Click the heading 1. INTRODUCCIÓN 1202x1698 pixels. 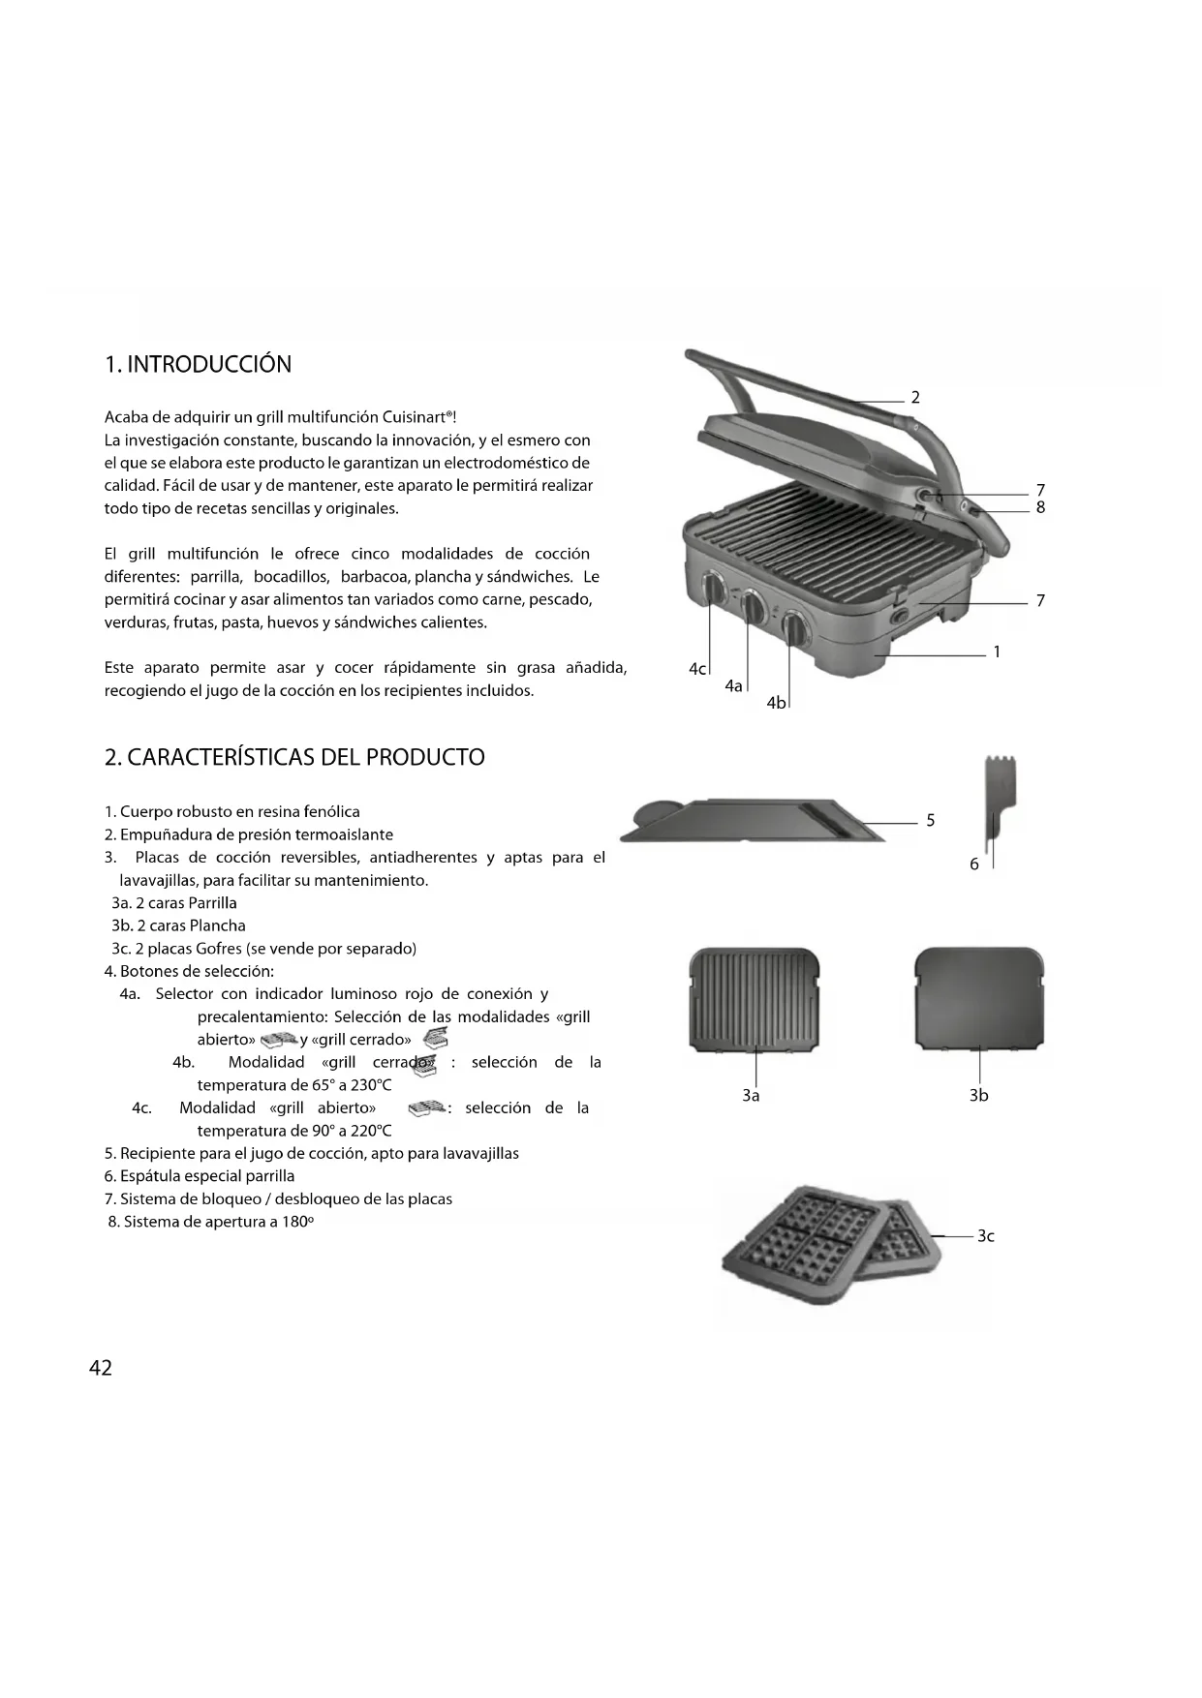[x=198, y=364]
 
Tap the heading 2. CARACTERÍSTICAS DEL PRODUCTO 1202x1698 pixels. [x=294, y=757]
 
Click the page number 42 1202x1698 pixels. [x=100, y=1367]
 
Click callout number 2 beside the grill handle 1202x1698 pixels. [x=915, y=397]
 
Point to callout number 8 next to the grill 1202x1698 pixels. [x=1040, y=507]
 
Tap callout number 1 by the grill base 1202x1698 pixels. [x=997, y=652]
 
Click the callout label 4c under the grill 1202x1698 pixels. [x=697, y=669]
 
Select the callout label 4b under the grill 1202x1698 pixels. [x=776, y=703]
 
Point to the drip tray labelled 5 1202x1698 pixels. [x=755, y=821]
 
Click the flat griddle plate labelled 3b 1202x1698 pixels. [x=979, y=997]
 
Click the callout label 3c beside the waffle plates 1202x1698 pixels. [x=985, y=1235]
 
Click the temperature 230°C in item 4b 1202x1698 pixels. [x=371, y=1085]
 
